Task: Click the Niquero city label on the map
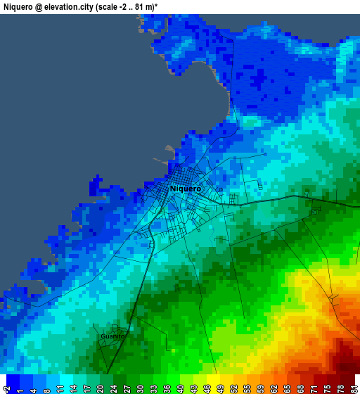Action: tap(186, 189)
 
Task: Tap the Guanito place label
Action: tap(112, 336)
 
